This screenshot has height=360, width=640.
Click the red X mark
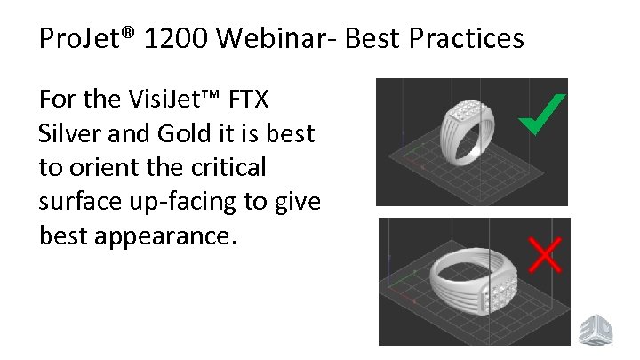coord(545,253)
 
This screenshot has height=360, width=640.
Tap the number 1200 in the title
coord(170,39)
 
